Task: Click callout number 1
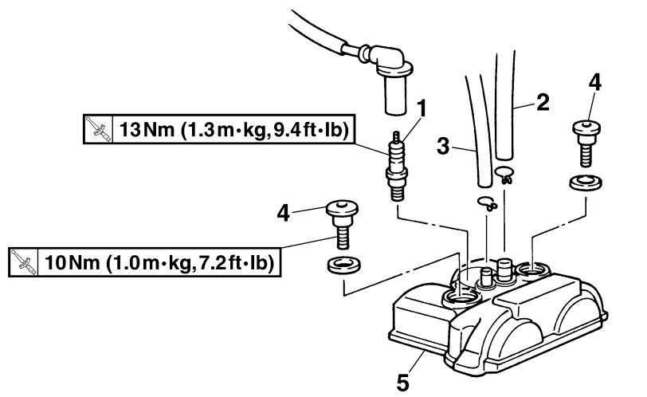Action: point(421,108)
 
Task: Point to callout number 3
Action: point(443,146)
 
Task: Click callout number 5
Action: point(402,383)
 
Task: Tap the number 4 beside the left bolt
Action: point(283,214)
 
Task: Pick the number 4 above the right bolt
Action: point(594,83)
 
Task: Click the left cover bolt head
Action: point(342,208)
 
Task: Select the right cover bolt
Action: point(586,143)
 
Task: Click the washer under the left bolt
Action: point(343,265)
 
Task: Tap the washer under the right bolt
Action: point(585,183)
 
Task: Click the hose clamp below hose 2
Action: point(504,174)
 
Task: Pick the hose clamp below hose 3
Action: point(488,203)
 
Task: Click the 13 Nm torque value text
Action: point(142,130)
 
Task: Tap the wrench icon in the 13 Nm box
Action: point(98,129)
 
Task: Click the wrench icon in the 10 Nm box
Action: point(23,262)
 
